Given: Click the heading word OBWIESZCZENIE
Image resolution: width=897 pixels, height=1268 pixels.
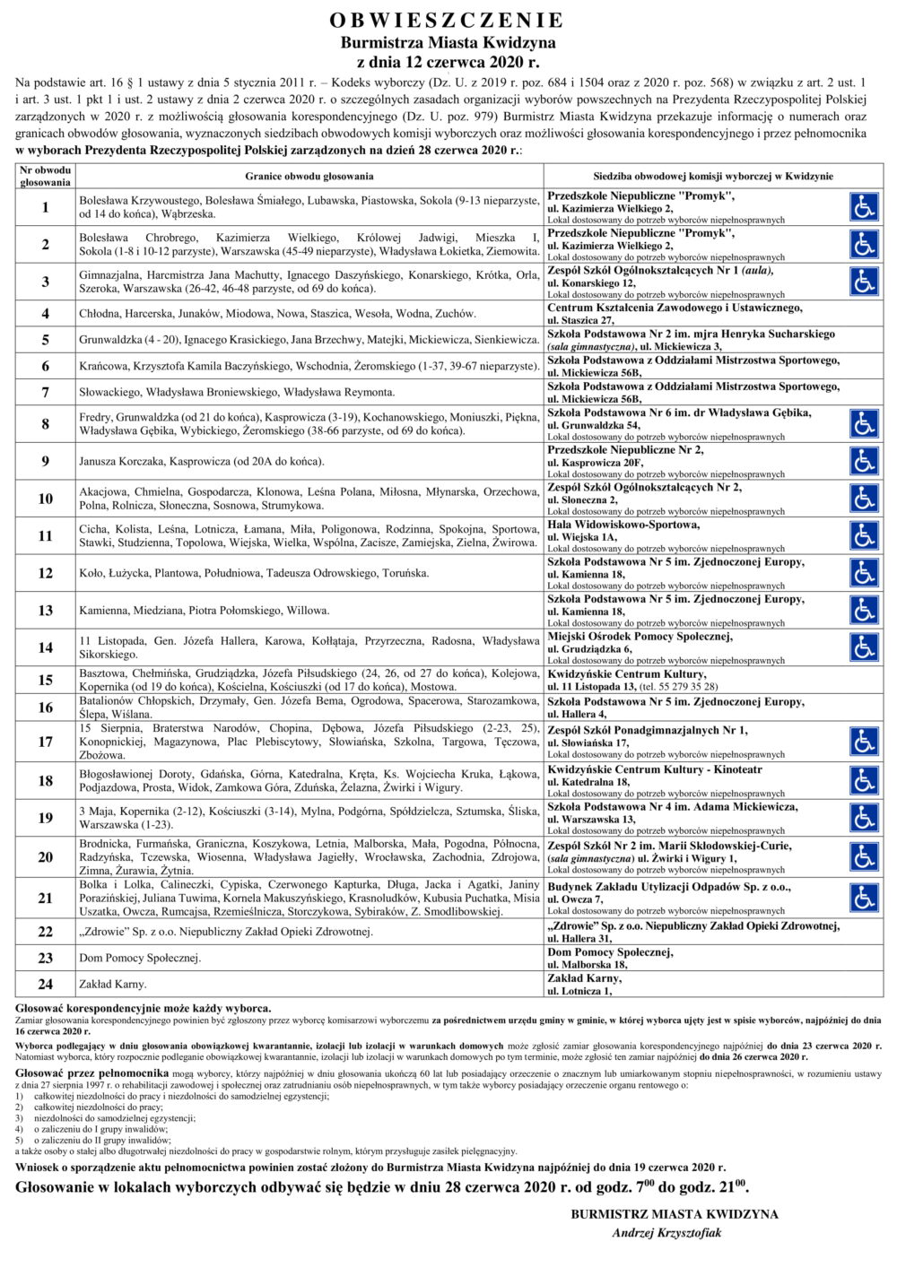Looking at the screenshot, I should pos(447,21).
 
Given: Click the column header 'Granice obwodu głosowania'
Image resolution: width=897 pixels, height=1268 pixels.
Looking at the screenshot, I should pos(309,177).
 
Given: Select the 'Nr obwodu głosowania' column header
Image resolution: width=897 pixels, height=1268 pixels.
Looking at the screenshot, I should pos(46,176).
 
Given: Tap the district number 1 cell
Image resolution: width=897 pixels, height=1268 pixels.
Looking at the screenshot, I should pos(46,207).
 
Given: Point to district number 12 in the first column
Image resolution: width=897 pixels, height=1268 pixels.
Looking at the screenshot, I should pos(46,573).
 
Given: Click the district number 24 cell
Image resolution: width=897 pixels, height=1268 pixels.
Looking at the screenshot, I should pos(46,984).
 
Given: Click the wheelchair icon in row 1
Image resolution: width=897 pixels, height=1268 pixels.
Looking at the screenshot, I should pos(864,207).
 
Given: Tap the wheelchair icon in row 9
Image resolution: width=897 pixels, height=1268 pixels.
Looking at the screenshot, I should pos(864,461).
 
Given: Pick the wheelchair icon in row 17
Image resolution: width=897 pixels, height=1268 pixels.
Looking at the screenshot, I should pos(864,742).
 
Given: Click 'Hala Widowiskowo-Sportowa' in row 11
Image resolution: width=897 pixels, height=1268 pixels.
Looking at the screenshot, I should pos(623,525).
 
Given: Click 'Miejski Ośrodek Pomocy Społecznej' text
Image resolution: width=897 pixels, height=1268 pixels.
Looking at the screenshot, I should pos(640,637).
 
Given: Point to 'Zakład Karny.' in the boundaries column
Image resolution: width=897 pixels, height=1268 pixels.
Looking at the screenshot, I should pos(112,985).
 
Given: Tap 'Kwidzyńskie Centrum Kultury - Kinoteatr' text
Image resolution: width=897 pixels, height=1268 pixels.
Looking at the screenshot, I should pos(655,769).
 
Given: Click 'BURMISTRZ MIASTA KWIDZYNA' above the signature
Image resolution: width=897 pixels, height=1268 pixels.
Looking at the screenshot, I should pos(674,1214).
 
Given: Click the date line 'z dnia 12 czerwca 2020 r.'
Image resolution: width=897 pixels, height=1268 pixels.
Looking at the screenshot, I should pos(448,63).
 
